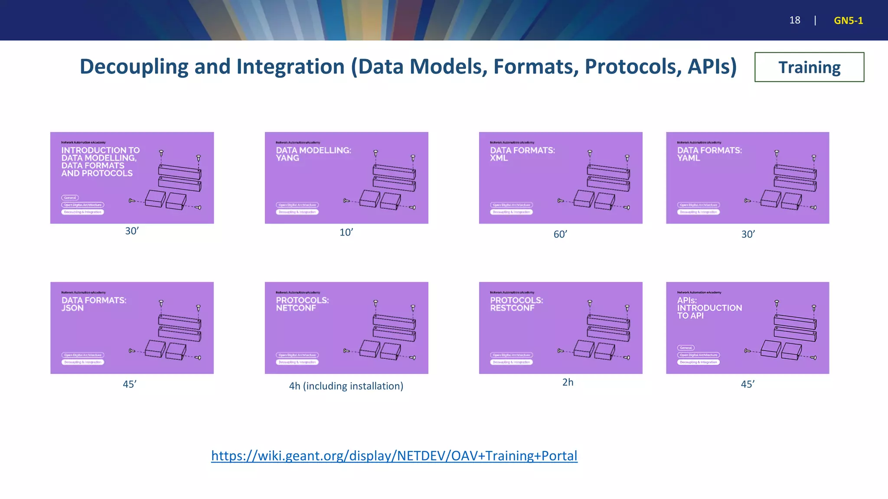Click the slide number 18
794,20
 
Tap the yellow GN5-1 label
848,20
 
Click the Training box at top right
809,67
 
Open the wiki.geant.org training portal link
394,456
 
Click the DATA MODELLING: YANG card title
313,154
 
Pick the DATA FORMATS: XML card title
522,154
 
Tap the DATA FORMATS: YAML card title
709,154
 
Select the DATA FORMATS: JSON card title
94,304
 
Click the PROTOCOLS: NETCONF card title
302,304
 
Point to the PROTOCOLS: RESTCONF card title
516,304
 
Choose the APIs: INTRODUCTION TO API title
709,308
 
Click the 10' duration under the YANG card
346,233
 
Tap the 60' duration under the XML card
560,234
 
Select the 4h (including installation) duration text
346,386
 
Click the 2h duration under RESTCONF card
568,382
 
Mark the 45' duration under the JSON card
130,384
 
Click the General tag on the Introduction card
70,198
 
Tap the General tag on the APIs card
686,348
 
